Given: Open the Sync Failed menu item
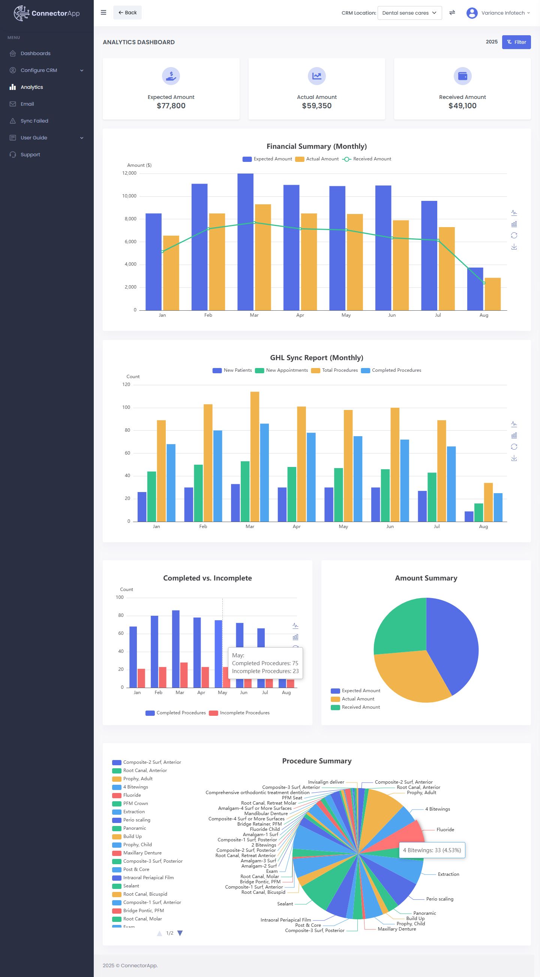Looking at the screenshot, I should pyautogui.click(x=34, y=121).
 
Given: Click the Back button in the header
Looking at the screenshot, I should pyautogui.click(x=127, y=12).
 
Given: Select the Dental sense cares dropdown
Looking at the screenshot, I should pyautogui.click(x=409, y=13).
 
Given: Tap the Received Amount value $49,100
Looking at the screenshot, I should pyautogui.click(x=462, y=106).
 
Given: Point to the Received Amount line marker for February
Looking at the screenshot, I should pyautogui.click(x=208, y=229).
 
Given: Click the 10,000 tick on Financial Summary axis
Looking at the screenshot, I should pyautogui.click(x=129, y=196).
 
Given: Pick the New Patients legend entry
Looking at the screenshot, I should pyautogui.click(x=232, y=370).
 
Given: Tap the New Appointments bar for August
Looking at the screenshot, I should pyautogui.click(x=478, y=512).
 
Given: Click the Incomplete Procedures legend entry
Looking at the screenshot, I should pyautogui.click(x=240, y=713).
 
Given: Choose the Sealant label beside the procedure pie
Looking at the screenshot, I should pyautogui.click(x=285, y=904).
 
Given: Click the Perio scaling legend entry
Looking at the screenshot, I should pyautogui.click(x=136, y=820).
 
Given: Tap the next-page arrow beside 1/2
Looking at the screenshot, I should pyautogui.click(x=180, y=933).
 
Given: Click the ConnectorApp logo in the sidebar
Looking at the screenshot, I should pyautogui.click(x=46, y=13).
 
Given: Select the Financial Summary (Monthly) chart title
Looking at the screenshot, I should pyautogui.click(x=316, y=147).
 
